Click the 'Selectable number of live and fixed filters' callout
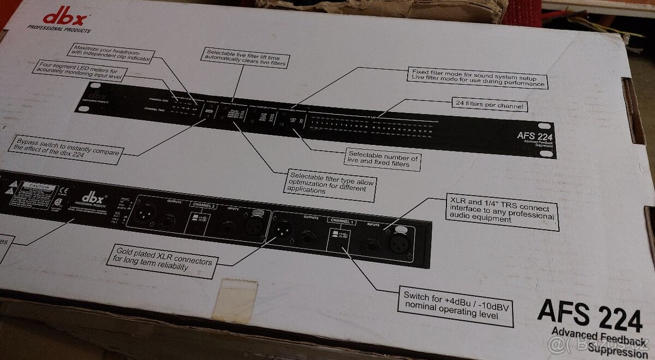click(x=383, y=159)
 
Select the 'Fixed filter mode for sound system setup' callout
click(x=477, y=77)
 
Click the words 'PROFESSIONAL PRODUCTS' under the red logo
click(x=59, y=31)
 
